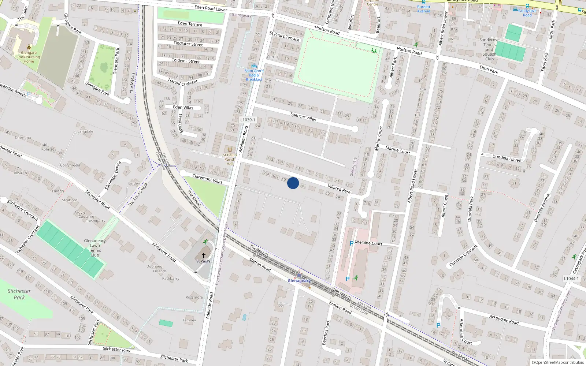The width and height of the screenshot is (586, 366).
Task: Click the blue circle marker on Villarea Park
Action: click(x=293, y=183)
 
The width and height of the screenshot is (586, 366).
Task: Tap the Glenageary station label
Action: click(x=299, y=281)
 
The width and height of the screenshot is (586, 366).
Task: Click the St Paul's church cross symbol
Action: click(x=204, y=255)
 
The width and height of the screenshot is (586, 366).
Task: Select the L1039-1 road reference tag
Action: click(x=248, y=120)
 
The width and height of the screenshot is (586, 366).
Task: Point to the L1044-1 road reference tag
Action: click(x=571, y=279)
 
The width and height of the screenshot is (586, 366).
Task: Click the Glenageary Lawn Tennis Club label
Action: click(x=95, y=248)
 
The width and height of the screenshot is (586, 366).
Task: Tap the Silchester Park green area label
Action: click(x=19, y=294)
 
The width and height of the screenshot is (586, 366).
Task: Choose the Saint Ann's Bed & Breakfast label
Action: click(x=254, y=75)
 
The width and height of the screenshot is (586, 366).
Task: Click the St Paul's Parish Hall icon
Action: click(x=230, y=149)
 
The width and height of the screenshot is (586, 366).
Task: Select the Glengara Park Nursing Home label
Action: click(x=29, y=57)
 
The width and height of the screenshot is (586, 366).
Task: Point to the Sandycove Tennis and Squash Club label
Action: click(x=489, y=49)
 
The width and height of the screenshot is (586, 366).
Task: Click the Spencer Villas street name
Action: click(x=303, y=117)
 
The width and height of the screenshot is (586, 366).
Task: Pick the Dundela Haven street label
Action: click(x=507, y=158)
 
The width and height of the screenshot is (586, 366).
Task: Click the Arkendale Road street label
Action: click(x=504, y=319)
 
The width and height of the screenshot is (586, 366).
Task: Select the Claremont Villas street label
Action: click(x=207, y=179)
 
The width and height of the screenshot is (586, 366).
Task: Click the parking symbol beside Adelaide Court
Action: click(x=352, y=243)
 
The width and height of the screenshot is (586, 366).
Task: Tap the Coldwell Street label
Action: click(x=185, y=61)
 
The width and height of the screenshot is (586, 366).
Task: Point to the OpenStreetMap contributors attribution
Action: click(x=558, y=362)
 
